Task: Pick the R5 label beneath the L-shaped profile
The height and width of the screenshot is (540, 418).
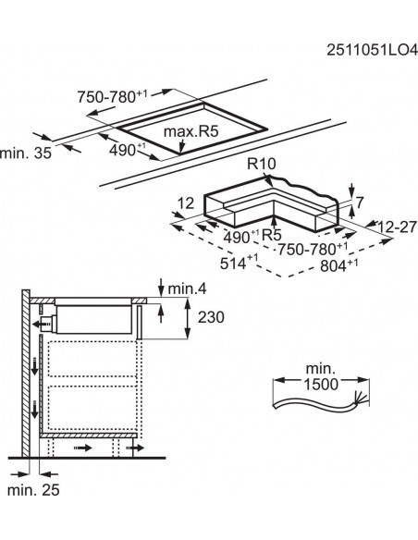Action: [269, 235]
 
